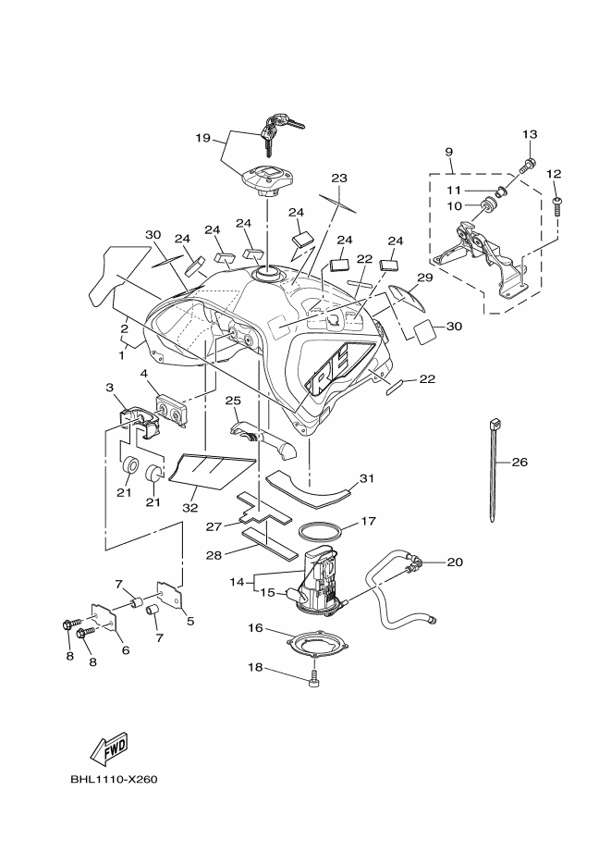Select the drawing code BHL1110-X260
point(114,779)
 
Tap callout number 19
point(203,138)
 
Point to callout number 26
point(519,463)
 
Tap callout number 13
point(530,135)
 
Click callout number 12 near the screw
point(555,174)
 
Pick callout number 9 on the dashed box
point(448,151)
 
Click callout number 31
point(366,478)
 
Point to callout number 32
point(189,508)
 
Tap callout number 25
point(232,401)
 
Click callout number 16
point(254,628)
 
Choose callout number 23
point(339,177)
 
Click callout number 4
point(144,375)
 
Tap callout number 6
point(125,650)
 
